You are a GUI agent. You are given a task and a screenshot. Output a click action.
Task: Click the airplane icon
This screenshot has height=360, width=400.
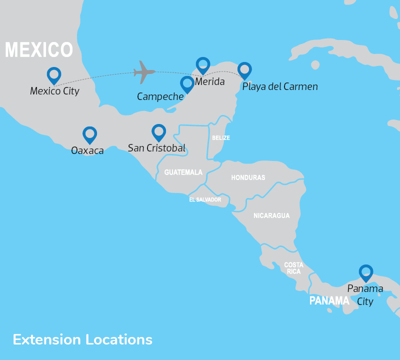(x=144, y=72)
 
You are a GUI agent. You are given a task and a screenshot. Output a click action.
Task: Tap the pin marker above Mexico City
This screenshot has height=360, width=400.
(x=54, y=75)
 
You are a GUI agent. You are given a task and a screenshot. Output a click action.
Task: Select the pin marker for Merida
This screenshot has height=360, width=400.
(x=203, y=65)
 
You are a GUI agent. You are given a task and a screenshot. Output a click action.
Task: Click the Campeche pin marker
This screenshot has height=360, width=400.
(x=187, y=84)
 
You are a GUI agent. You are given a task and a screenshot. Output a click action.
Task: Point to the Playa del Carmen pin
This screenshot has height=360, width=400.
(x=244, y=70)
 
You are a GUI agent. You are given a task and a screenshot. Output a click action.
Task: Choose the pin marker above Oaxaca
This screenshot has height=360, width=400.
(x=89, y=134)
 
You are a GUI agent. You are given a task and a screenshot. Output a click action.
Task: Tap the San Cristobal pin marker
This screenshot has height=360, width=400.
(x=158, y=132)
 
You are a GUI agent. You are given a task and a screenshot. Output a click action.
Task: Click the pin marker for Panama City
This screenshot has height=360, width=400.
(x=366, y=272)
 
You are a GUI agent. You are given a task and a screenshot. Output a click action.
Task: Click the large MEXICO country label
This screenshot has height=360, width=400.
(x=39, y=50)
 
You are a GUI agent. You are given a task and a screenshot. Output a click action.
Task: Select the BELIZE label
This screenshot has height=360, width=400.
(x=220, y=137)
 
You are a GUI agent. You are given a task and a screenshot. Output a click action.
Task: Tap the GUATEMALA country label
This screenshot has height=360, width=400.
(x=183, y=172)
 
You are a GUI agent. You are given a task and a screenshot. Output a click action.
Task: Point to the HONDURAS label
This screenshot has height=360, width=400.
(x=248, y=177)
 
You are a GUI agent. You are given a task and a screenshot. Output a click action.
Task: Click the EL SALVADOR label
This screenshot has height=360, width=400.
(x=205, y=199)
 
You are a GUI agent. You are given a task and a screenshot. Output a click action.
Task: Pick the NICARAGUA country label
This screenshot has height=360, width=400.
(x=271, y=215)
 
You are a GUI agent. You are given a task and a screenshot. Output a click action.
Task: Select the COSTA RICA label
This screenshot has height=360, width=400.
(x=293, y=268)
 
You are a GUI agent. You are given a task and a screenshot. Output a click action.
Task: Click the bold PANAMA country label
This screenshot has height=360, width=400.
(x=329, y=301)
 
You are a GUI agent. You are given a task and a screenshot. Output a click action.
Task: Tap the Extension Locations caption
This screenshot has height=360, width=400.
(x=82, y=339)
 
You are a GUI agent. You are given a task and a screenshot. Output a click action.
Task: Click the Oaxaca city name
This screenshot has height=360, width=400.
(x=87, y=150)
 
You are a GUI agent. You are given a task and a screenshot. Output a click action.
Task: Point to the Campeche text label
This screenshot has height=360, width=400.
(x=160, y=96)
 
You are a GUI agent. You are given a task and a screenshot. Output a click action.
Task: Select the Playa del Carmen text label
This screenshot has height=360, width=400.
(x=280, y=86)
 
